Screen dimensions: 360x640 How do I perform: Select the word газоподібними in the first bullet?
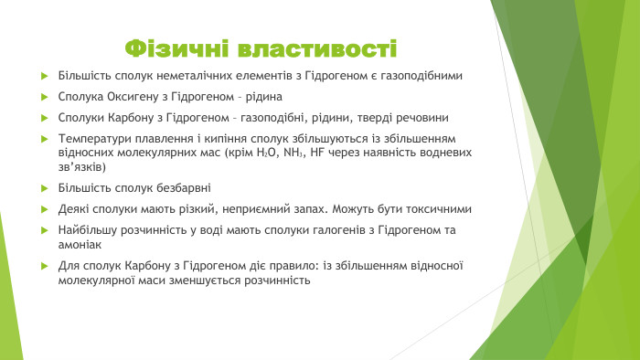(419, 75)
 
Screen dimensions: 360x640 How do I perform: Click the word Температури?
(95, 139)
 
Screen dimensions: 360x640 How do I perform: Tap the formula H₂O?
(296, 154)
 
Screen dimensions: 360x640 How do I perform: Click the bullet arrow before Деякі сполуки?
(46, 209)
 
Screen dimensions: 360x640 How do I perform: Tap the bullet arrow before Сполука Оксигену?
(46, 96)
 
